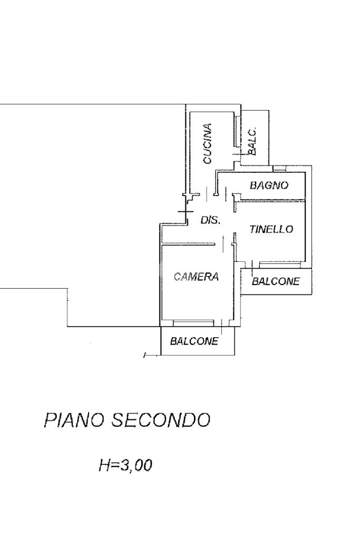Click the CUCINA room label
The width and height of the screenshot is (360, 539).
click(208, 143)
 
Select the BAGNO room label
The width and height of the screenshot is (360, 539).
click(269, 185)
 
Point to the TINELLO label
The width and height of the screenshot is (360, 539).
click(271, 229)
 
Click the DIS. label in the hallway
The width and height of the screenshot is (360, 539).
click(210, 220)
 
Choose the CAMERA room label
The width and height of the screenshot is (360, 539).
click(196, 277)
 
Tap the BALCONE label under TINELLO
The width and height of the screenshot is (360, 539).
click(276, 281)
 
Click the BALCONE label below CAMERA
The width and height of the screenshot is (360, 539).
click(194, 341)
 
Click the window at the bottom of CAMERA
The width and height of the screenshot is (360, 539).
click(193, 321)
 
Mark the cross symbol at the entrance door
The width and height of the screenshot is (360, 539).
click(185, 212)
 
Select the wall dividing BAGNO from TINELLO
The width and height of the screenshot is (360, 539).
click(271, 200)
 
